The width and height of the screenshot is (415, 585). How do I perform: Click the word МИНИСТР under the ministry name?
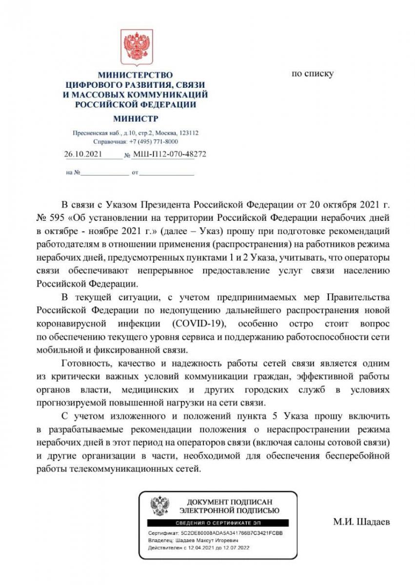click(136, 118)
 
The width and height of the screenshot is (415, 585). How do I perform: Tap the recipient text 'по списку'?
click(312, 74)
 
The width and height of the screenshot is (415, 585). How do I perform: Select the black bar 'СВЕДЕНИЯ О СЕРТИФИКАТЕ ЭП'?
click(217, 523)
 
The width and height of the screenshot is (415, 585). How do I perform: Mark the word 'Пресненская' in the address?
click(88, 133)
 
